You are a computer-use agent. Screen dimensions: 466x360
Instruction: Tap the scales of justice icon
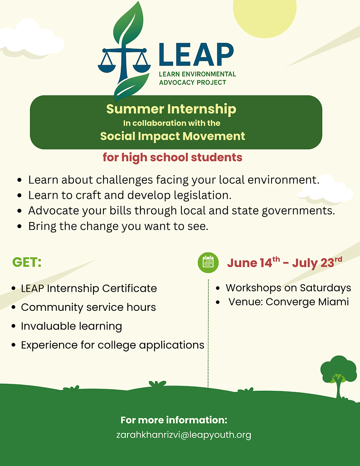click(x=124, y=58)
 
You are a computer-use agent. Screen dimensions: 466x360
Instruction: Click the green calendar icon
click(x=208, y=262)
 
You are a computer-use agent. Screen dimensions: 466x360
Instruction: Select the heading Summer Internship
click(x=171, y=109)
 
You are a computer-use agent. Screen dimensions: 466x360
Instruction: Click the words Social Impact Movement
click(x=173, y=136)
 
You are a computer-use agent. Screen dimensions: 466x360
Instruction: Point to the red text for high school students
click(x=172, y=158)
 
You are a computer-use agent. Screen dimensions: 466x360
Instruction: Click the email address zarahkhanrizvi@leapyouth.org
click(x=184, y=435)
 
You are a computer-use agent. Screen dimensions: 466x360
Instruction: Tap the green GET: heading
click(x=27, y=262)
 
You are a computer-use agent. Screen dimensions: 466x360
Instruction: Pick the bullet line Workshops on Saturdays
click(x=288, y=288)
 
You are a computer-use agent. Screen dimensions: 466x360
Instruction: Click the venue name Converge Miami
click(x=307, y=302)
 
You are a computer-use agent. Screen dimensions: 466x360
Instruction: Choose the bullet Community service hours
click(x=88, y=307)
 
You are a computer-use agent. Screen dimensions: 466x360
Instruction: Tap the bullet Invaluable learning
click(x=71, y=326)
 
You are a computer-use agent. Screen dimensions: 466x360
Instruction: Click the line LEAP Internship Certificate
click(x=89, y=288)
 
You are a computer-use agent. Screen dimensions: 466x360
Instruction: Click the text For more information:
click(x=174, y=420)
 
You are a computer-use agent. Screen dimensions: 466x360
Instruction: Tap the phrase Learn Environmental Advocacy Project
click(x=197, y=78)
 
